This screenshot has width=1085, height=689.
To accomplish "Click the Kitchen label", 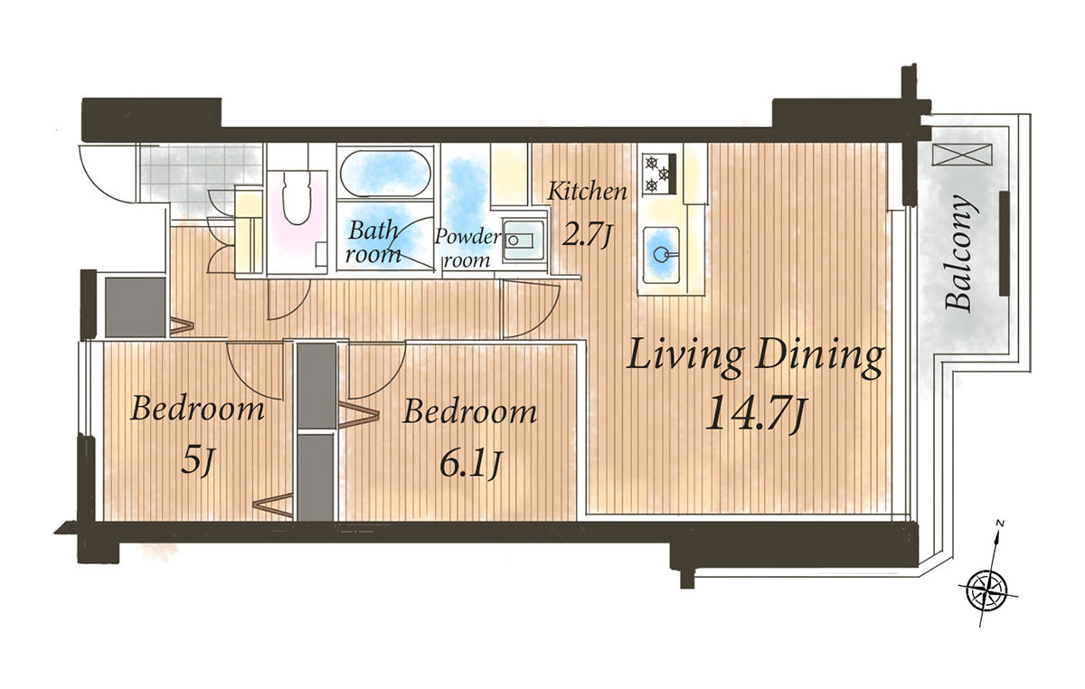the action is [587, 193].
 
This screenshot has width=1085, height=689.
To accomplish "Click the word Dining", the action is [819, 359].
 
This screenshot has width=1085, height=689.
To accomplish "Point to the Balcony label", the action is [959, 252].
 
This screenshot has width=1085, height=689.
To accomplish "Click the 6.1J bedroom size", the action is [471, 464].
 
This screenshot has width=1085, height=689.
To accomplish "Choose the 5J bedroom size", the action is [197, 461].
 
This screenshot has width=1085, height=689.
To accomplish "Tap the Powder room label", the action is [467, 249].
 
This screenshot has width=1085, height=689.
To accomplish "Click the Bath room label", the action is [373, 242].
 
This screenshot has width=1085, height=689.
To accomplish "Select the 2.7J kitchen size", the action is [588, 236].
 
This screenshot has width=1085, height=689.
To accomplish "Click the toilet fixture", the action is [297, 197].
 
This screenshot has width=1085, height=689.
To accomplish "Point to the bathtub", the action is [385, 174].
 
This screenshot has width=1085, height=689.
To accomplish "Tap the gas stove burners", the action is [660, 174].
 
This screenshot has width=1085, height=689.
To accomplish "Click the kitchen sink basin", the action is [661, 252].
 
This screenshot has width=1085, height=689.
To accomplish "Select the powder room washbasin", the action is [524, 241].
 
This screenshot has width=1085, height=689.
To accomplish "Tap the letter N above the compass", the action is [1000, 524].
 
